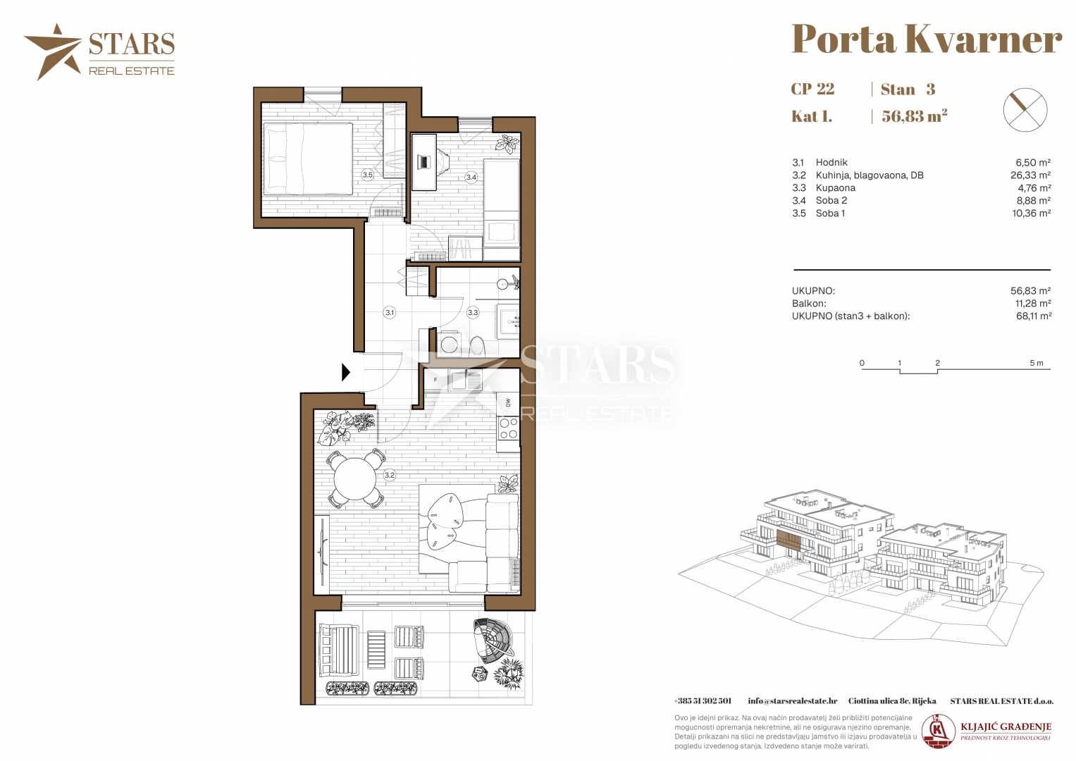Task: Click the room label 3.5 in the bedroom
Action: (367, 175)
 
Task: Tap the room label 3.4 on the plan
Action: (471, 178)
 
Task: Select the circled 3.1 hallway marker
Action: (390, 313)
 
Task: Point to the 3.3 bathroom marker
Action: (473, 313)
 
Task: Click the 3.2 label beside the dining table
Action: (389, 475)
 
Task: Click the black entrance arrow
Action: (346, 372)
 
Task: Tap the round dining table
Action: (355, 479)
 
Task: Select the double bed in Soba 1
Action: (308, 159)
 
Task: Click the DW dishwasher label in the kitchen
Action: (509, 402)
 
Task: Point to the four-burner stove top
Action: (508, 428)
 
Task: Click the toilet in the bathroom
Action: (478, 345)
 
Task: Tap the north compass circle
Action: (1025, 110)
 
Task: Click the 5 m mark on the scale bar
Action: (1037, 363)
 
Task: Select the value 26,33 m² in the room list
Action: (1030, 175)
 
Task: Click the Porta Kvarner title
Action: (927, 39)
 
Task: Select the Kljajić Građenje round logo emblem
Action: (939, 731)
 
